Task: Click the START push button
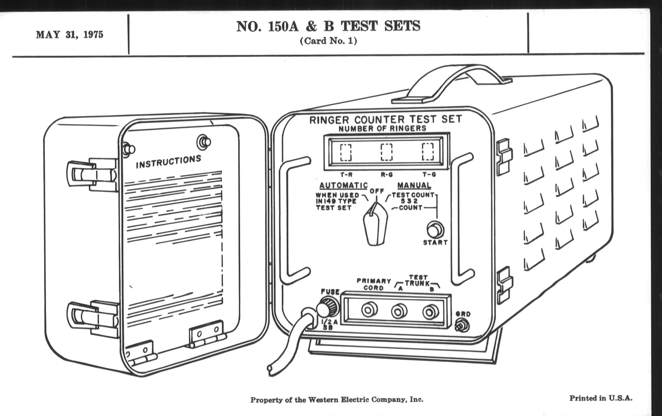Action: tap(435, 229)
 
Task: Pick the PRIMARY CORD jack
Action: tap(369, 310)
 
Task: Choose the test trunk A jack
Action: tap(399, 311)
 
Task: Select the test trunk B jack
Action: tap(430, 312)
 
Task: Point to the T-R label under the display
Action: tap(346, 175)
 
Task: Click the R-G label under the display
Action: tap(387, 175)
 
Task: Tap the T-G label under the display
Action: tap(429, 175)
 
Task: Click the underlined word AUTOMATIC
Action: tap(343, 186)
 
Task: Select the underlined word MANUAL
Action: tap(414, 186)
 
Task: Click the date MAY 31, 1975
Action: tap(70, 35)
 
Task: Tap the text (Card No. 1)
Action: tap(328, 41)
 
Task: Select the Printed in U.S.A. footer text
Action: tap(601, 398)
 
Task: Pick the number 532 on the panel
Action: tap(409, 201)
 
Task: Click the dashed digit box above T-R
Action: tap(346, 152)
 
